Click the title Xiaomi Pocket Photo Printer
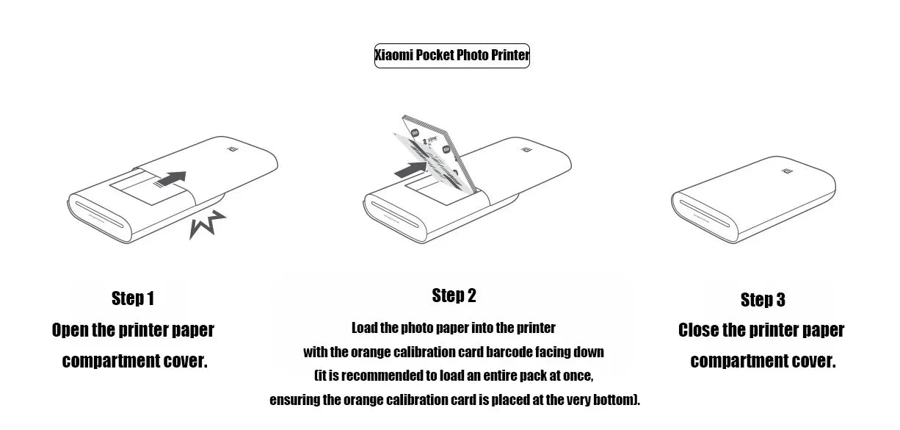click(451, 56)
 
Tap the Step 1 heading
click(133, 298)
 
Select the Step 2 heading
click(454, 295)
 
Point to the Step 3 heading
click(763, 299)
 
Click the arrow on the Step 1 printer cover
click(171, 179)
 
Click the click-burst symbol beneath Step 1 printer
click(206, 223)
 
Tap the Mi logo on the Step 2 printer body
click(526, 151)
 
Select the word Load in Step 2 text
click(364, 328)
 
